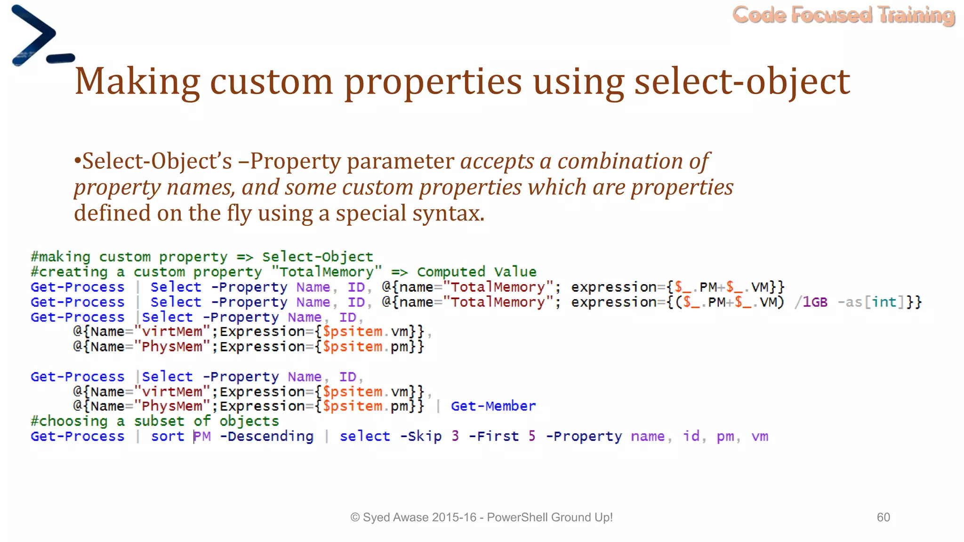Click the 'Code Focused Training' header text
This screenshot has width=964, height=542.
(x=843, y=15)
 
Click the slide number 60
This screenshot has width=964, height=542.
(x=883, y=517)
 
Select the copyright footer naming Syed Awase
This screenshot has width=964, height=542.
(x=481, y=517)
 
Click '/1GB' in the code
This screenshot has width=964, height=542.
(x=811, y=302)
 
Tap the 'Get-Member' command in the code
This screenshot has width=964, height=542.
(x=493, y=406)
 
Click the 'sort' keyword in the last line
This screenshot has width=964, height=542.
(x=168, y=436)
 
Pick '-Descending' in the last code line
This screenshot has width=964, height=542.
(x=266, y=436)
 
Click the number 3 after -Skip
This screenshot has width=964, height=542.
(x=455, y=436)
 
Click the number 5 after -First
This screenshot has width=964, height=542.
(x=531, y=436)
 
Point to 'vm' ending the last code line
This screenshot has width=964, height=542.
(x=760, y=437)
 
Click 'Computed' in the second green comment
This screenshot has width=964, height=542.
(x=450, y=272)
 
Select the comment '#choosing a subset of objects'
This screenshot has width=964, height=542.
(x=154, y=421)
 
